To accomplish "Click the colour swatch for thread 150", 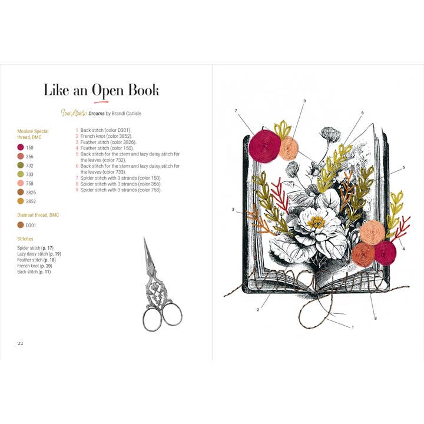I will click(21, 147).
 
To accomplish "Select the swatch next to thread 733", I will click(21, 174).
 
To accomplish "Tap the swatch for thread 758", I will click(21, 183).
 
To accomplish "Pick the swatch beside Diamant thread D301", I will click(21, 224).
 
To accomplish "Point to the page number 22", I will click(20, 343).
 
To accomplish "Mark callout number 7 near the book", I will click(236, 111).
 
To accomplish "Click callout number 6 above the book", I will click(362, 112).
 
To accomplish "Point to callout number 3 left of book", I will click(233, 209).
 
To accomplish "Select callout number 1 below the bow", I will click(352, 326).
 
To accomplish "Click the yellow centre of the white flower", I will click(317, 222).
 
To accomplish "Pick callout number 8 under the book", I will click(375, 319).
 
